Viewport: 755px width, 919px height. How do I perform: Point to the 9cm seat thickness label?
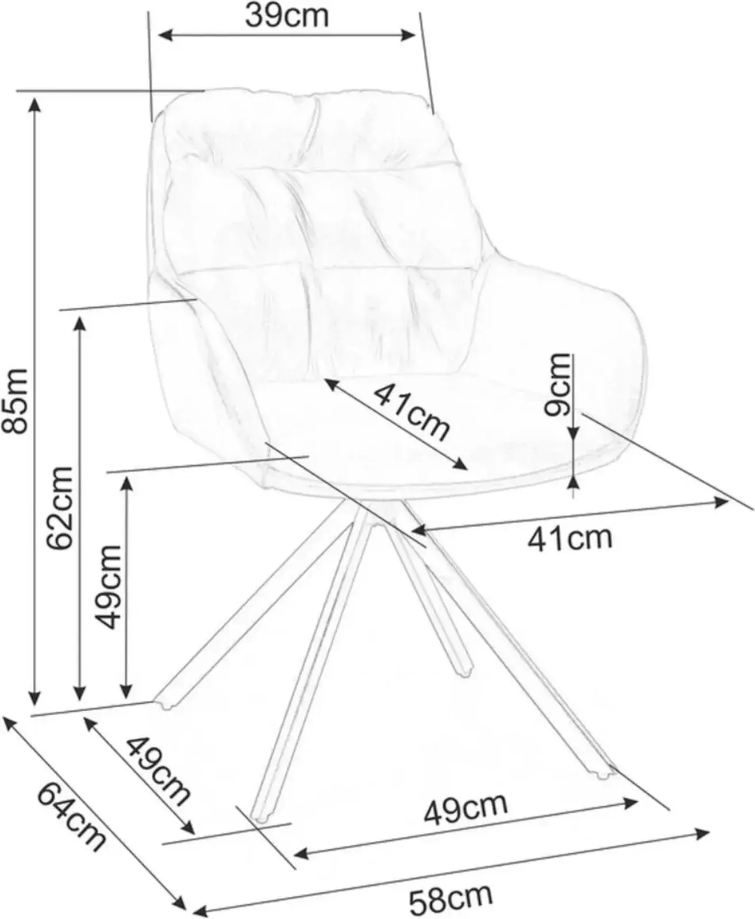[x=557, y=384]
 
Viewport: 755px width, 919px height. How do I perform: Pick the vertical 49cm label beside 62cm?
[x=108, y=587]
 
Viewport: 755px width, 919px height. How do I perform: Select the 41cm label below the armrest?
[x=570, y=539]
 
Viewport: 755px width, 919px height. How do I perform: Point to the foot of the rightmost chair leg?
[x=604, y=774]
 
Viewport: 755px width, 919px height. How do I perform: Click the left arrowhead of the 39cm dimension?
[x=164, y=36]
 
